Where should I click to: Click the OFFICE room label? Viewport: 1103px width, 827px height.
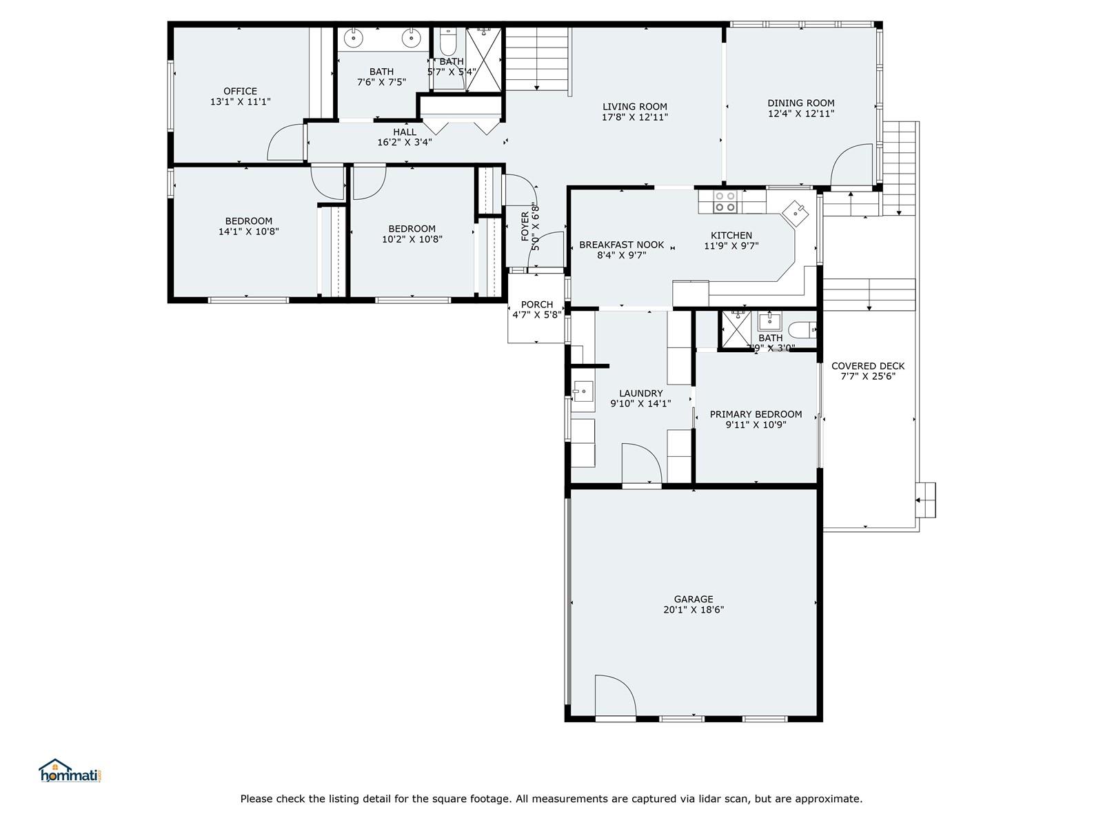click(240, 91)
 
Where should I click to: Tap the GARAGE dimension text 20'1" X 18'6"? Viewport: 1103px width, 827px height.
click(694, 610)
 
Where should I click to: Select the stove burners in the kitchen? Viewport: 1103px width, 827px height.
click(725, 201)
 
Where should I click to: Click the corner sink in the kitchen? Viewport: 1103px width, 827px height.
click(795, 213)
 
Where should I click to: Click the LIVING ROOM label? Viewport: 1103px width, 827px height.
click(635, 106)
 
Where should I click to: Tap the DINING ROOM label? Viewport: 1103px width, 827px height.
click(801, 103)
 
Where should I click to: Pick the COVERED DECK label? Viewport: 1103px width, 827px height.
click(868, 366)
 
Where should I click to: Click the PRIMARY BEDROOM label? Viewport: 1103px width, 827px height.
click(756, 414)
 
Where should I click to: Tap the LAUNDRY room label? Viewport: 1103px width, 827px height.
click(640, 393)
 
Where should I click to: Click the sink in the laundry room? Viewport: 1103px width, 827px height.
click(583, 391)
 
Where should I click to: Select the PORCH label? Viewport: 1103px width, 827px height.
click(536, 305)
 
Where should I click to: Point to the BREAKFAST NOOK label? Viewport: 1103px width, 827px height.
click(622, 245)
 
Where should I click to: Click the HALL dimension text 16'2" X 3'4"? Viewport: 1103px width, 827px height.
click(405, 142)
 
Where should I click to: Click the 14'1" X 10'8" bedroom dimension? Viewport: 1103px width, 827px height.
click(248, 232)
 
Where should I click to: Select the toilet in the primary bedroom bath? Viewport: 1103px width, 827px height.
click(802, 330)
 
